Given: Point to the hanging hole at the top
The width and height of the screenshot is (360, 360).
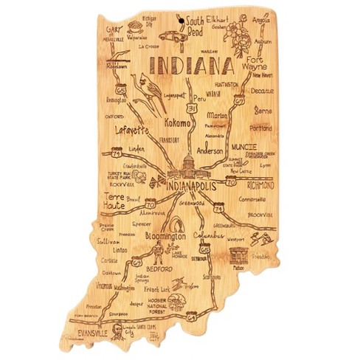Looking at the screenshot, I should (177, 11).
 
